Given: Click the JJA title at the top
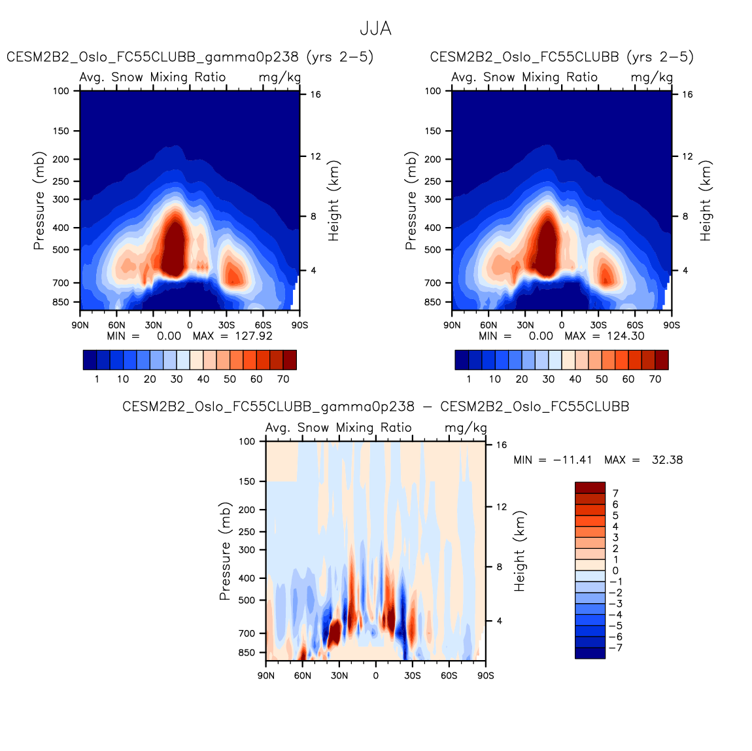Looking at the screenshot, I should (x=375, y=29).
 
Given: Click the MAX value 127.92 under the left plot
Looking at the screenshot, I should (x=250, y=336).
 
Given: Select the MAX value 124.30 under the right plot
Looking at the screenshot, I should (x=622, y=336).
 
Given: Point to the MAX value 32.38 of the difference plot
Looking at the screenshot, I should (x=667, y=460).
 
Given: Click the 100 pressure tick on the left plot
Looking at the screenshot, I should (x=61, y=91).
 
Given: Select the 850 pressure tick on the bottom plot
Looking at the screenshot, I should (x=247, y=653).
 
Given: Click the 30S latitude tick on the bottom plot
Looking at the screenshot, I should (x=412, y=675).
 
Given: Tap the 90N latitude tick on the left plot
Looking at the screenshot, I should (x=80, y=324).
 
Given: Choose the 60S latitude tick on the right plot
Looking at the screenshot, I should (x=635, y=324).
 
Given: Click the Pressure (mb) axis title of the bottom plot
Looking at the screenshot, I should (x=225, y=551).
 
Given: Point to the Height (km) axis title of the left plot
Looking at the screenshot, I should (x=334, y=201).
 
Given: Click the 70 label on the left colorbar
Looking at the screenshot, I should (x=283, y=379).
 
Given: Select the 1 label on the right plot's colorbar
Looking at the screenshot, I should (x=468, y=379).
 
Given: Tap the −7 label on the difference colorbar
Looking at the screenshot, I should (x=615, y=648).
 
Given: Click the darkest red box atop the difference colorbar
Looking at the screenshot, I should (x=590, y=488).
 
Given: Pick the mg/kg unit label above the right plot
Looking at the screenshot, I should (x=651, y=77).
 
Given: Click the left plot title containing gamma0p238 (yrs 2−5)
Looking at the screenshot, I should (x=190, y=57).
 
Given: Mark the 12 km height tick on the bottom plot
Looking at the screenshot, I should (x=502, y=507).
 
